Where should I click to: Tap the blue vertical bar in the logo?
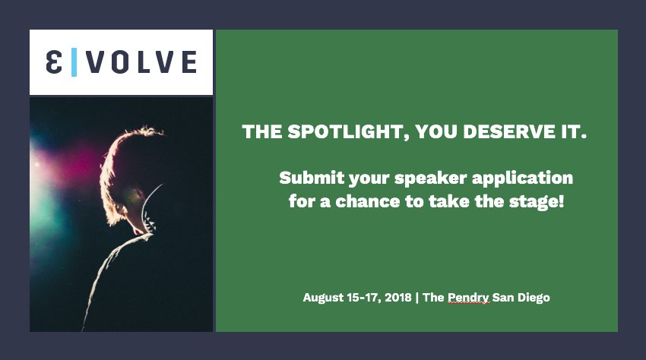74,62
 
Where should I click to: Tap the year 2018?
397,298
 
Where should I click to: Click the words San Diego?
521,298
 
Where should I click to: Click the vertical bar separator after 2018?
416,298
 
